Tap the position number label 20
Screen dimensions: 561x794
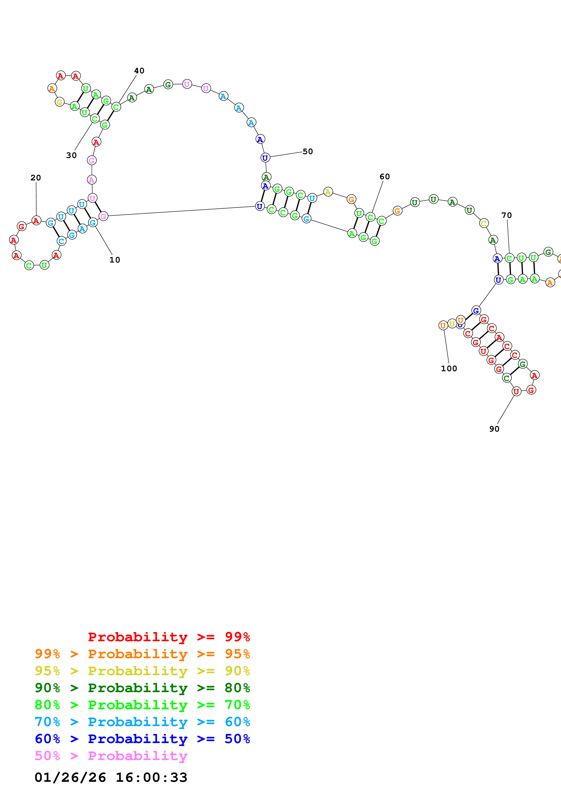36,178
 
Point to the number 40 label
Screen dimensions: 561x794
139,71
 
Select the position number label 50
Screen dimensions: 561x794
308,151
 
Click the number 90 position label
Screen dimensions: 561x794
494,429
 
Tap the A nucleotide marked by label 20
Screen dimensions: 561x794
36,220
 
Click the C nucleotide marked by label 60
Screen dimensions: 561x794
370,217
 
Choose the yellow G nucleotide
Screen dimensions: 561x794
60,102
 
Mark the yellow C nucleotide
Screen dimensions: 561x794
484,223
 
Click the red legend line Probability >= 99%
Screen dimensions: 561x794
169,637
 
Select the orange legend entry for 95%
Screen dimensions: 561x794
142,654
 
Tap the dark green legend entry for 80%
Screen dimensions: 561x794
142,688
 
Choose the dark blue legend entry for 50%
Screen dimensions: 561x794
142,739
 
